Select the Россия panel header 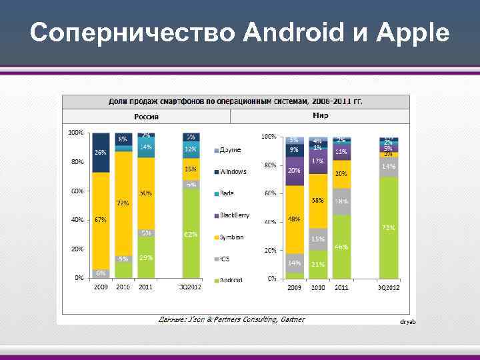tap(146, 117)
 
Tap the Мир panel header tap(321, 116)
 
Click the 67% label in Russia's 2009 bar tap(100, 219)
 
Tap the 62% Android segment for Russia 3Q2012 tap(191, 235)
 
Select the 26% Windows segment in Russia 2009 tap(100, 153)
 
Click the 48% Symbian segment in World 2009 tap(293, 219)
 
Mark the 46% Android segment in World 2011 tap(341, 247)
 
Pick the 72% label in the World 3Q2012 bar tap(389, 227)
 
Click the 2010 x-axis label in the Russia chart tap(123, 287)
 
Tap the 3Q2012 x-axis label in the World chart tap(389, 287)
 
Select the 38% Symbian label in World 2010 tap(317, 200)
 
